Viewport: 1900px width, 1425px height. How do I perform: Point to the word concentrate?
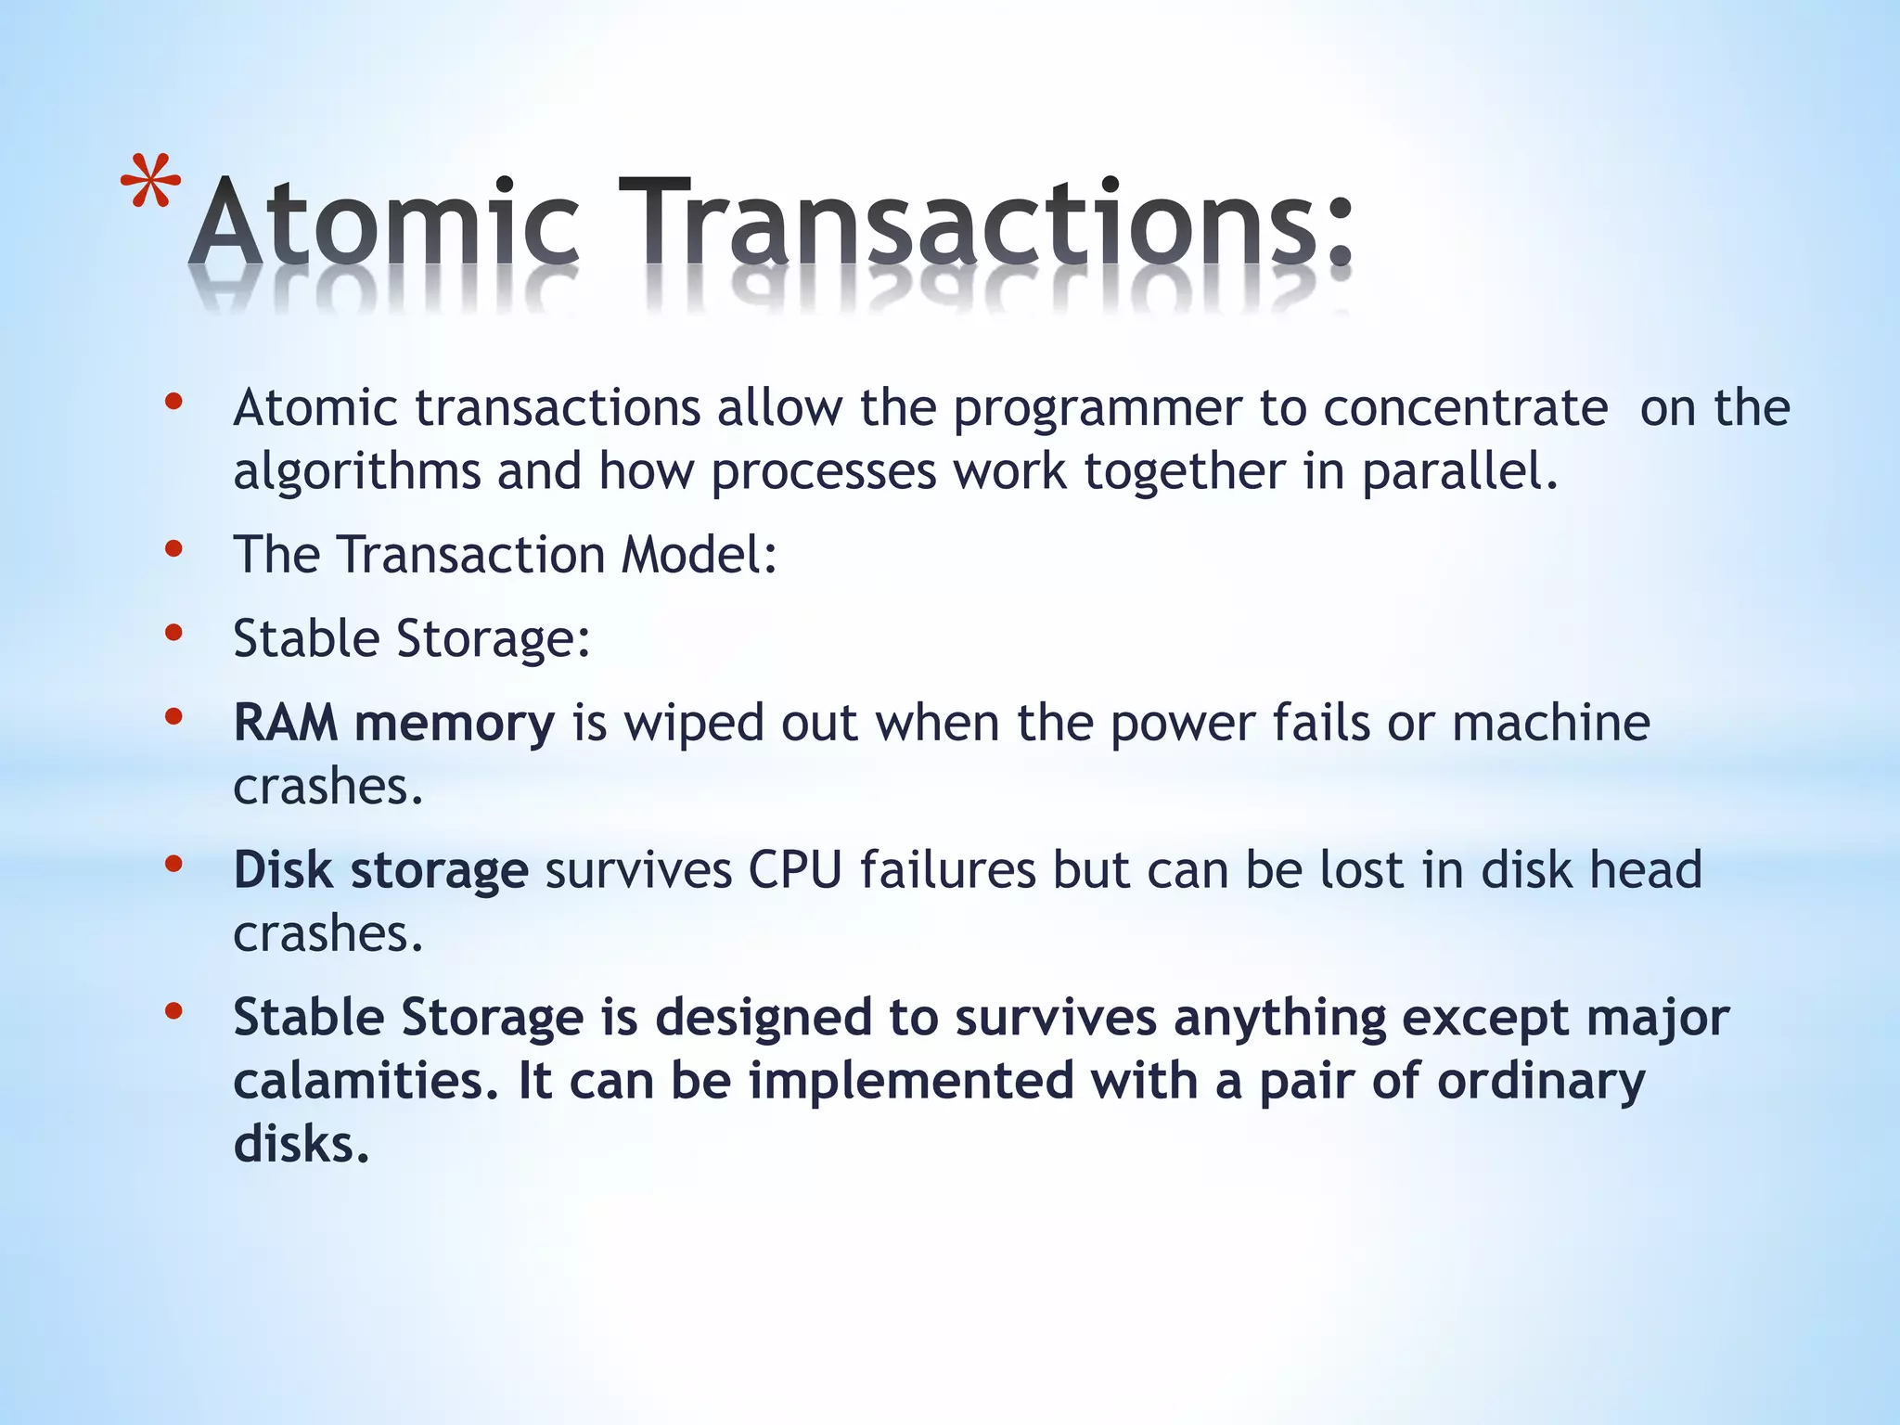click(1465, 408)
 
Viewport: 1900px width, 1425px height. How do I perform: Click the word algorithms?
click(356, 472)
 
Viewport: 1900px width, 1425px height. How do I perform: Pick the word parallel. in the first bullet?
click(1459, 471)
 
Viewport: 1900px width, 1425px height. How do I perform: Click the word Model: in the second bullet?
click(699, 555)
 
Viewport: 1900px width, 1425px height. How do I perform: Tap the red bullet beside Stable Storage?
click(173, 633)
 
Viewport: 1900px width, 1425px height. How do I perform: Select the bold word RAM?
click(285, 723)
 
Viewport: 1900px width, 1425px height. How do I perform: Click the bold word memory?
click(455, 724)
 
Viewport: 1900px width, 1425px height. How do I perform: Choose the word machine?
click(1551, 723)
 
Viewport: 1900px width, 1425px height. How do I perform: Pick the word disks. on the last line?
click(302, 1144)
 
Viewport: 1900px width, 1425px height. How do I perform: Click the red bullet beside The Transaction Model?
click(173, 549)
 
